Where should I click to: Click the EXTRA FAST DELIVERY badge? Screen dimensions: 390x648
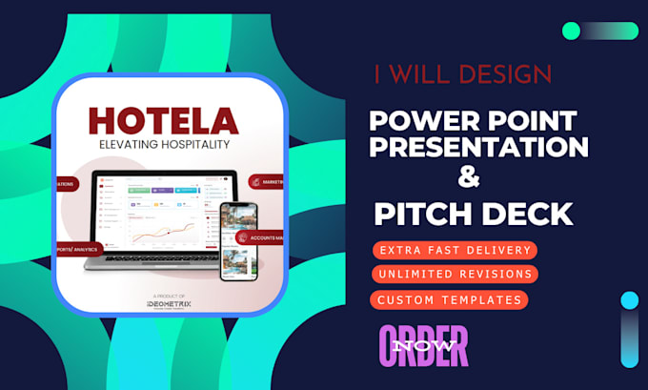[x=456, y=250]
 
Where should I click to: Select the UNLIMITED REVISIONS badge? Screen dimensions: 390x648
[x=456, y=275]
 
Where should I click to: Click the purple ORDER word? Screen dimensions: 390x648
[x=424, y=345]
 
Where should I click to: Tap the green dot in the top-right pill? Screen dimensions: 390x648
[x=571, y=31]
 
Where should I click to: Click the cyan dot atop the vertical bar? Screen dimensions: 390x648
[x=629, y=300]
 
